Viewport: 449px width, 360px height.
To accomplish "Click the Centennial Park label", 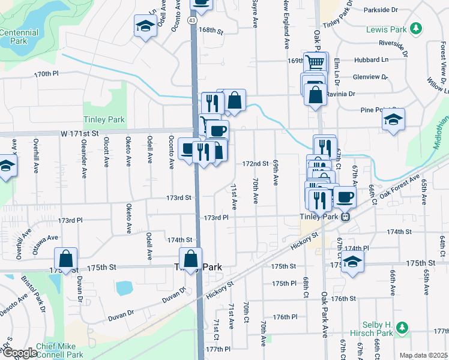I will point(19,37).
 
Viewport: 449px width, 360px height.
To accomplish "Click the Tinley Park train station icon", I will point(345,217).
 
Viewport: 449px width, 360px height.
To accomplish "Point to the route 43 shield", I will point(191,20).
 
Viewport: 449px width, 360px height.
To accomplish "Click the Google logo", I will point(19,353).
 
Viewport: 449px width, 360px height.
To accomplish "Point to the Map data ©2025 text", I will point(423,355).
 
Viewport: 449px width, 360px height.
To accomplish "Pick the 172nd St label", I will point(255,163).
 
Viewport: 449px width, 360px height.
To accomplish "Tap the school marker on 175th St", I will point(352,262).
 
